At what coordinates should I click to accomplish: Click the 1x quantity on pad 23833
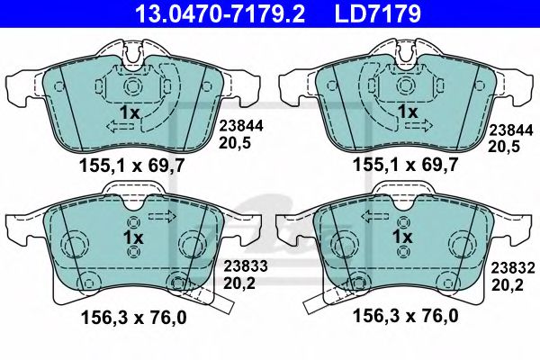coord(133,237)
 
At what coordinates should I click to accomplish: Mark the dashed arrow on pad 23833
coord(163,216)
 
